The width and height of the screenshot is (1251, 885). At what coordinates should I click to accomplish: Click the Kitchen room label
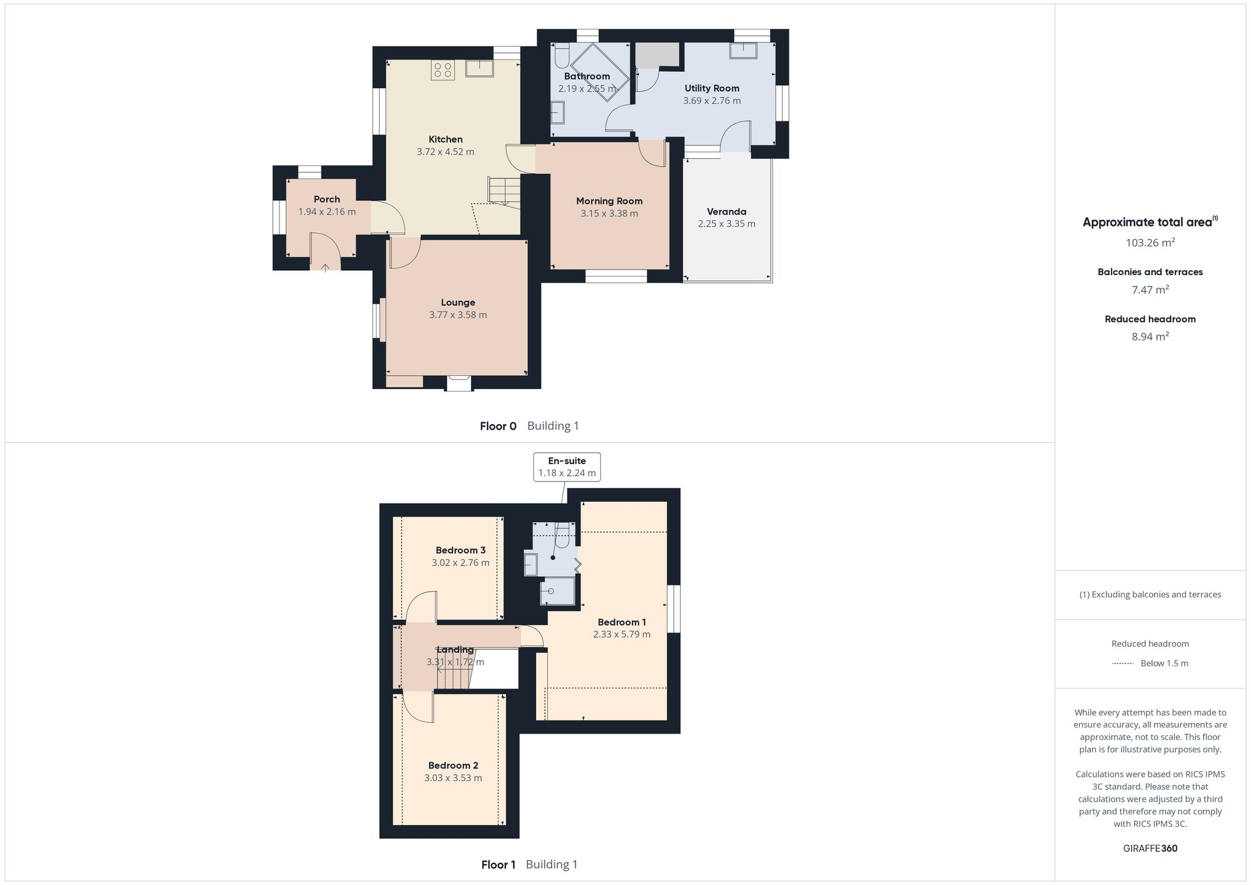pos(445,139)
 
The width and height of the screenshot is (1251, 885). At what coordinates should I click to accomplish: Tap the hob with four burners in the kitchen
pos(442,70)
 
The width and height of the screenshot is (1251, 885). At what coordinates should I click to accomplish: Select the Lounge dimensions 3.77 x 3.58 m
pos(458,315)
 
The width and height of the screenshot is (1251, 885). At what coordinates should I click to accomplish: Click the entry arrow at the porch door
pos(325,268)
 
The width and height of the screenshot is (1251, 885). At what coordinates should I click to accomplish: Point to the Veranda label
pos(726,211)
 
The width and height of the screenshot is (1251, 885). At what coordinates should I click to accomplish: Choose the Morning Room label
pos(609,201)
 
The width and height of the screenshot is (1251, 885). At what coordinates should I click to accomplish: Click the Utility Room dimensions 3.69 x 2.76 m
pos(712,101)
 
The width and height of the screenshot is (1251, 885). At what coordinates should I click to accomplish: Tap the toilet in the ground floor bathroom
pos(561,56)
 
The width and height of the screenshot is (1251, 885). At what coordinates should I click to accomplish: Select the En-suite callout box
pos(567,467)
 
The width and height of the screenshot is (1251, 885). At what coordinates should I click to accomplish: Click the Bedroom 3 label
pos(460,550)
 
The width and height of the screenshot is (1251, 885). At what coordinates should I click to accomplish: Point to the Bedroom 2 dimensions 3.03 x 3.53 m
pos(453,778)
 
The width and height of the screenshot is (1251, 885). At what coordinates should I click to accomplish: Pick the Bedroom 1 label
pos(622,622)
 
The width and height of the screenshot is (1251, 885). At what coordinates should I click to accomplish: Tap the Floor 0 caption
pos(498,427)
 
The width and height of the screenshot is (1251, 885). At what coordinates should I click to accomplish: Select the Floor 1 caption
pos(498,865)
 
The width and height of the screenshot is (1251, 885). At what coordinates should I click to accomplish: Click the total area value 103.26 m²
pos(1150,243)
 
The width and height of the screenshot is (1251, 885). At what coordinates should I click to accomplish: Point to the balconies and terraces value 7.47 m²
pos(1150,290)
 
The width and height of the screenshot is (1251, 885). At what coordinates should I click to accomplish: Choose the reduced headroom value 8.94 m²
pos(1150,336)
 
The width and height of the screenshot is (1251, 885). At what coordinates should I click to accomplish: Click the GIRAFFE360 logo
pos(1150,849)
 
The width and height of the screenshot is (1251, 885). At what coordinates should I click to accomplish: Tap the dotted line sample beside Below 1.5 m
pos(1122,664)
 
